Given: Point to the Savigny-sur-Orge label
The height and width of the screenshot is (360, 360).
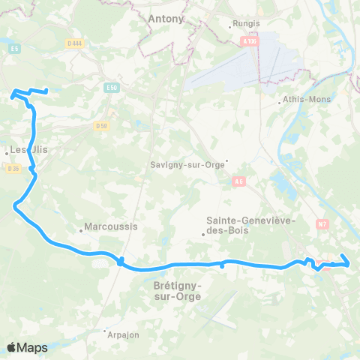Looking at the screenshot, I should (x=187, y=165).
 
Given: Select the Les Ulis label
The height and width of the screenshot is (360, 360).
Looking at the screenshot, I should (x=28, y=149).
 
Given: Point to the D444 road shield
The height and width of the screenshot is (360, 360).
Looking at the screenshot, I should (x=73, y=43).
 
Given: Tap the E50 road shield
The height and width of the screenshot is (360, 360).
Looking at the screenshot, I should (x=112, y=88).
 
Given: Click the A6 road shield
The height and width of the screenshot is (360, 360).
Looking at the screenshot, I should (x=239, y=181).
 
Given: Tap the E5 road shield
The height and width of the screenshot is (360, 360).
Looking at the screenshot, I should (x=14, y=49).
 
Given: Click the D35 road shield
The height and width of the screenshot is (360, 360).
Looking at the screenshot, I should (x=13, y=168).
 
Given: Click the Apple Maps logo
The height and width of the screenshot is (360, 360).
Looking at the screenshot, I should (x=27, y=347).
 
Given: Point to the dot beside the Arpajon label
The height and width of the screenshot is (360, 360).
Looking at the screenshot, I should (x=104, y=329).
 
